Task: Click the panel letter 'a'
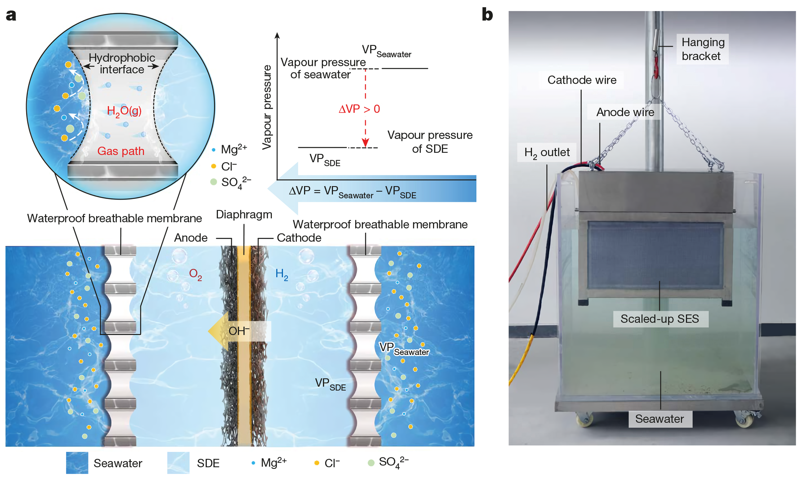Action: (x=11, y=16)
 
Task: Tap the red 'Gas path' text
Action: (x=121, y=151)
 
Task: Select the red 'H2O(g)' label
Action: (x=124, y=111)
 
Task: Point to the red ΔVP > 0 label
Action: (x=359, y=109)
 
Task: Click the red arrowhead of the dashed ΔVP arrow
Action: (x=365, y=143)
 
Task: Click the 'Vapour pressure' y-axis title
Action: (x=267, y=107)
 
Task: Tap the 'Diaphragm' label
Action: (x=244, y=215)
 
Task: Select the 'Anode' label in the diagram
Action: (x=191, y=238)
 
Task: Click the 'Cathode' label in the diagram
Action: (x=299, y=238)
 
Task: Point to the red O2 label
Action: (x=195, y=274)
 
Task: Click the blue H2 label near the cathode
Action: (x=281, y=274)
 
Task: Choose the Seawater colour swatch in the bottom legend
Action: (x=77, y=463)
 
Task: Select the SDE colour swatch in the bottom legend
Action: (x=178, y=463)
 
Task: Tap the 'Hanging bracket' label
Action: (x=703, y=49)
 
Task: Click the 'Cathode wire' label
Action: (x=582, y=80)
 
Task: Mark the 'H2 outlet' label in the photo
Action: (x=547, y=152)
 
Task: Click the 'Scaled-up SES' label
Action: (x=660, y=319)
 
